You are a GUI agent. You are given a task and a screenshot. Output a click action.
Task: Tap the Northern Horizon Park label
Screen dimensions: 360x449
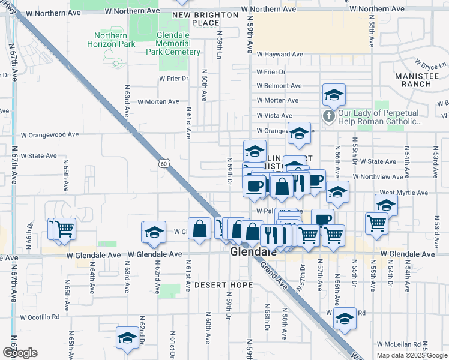pos(114,40)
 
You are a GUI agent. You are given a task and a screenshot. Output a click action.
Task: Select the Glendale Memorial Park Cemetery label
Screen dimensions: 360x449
pos(173,44)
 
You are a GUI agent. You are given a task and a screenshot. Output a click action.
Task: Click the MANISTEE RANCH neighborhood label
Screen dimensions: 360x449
pos(413,80)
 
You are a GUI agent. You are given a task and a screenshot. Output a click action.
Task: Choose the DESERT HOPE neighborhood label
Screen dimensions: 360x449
pos(223,284)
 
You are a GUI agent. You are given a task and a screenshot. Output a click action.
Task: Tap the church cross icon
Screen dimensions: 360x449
pos(329,116)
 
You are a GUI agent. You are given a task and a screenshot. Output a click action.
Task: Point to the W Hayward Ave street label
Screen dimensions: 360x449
pos(277,54)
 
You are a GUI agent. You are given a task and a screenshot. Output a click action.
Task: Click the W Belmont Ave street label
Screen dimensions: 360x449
pos(279,86)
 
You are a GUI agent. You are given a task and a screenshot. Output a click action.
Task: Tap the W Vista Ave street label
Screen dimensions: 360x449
pos(274,115)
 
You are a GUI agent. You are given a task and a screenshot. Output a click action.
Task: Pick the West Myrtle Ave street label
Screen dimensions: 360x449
pos(403,193)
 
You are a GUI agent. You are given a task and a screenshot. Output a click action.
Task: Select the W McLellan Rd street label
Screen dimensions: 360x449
pos(399,344)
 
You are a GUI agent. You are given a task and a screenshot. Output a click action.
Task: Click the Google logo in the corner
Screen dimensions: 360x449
pos(20,353)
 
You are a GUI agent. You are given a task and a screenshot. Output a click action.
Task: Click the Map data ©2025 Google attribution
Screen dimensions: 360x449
pos(411,355)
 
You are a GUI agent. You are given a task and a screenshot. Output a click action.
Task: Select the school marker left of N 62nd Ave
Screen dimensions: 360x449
pos(154,232)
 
